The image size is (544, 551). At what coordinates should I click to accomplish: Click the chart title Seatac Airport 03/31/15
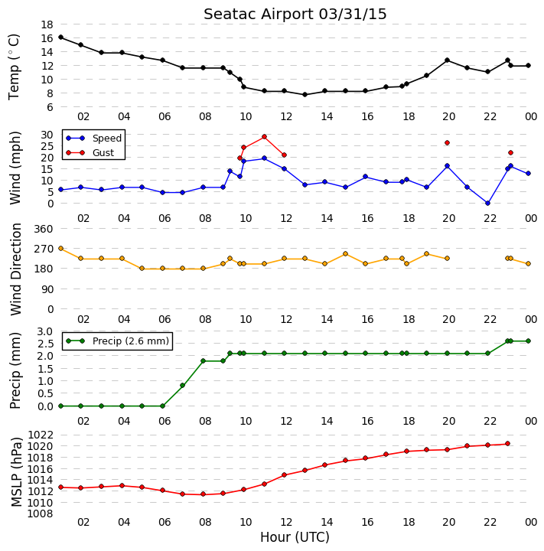click(295, 15)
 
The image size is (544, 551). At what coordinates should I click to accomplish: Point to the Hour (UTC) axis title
click(295, 537)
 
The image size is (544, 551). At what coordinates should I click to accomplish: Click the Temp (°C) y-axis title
click(14, 67)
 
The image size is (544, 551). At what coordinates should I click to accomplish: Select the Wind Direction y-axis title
click(16, 269)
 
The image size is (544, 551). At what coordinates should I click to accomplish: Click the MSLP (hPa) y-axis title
click(16, 472)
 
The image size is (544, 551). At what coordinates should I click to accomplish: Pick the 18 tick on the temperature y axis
click(47, 24)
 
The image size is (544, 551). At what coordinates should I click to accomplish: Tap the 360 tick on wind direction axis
click(44, 229)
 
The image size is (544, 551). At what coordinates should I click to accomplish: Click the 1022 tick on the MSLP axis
click(41, 435)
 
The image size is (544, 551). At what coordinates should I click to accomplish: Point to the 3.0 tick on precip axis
click(44, 331)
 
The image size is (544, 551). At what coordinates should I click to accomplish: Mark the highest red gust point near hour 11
click(264, 137)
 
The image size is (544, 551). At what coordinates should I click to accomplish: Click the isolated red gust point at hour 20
click(447, 142)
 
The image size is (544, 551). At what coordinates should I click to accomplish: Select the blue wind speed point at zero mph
click(487, 203)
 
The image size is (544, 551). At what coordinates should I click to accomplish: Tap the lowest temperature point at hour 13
click(305, 95)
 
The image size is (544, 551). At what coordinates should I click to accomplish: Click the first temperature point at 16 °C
click(60, 37)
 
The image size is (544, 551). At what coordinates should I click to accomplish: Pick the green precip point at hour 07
click(182, 386)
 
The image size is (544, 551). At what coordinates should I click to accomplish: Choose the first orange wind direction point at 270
click(60, 249)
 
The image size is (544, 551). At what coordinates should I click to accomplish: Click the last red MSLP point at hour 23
click(507, 444)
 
